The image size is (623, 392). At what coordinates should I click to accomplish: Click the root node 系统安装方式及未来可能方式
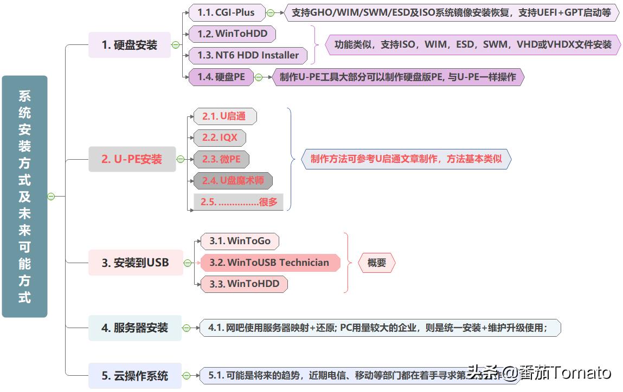click(24, 196)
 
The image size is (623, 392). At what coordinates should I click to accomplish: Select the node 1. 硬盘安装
click(129, 45)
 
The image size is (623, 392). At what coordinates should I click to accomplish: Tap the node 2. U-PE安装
click(132, 159)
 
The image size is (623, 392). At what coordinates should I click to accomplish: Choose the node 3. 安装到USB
click(136, 263)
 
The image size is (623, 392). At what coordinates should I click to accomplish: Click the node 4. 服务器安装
click(135, 328)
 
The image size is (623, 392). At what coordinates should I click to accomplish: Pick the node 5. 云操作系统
click(135, 375)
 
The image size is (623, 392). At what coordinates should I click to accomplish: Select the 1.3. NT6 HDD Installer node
click(248, 55)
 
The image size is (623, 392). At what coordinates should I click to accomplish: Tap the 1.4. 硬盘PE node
click(221, 77)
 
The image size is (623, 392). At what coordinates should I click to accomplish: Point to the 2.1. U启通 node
click(224, 116)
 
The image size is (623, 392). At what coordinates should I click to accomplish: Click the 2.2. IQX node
click(220, 138)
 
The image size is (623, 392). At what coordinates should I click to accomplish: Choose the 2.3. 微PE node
click(221, 159)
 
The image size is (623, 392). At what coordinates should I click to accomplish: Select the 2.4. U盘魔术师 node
click(233, 180)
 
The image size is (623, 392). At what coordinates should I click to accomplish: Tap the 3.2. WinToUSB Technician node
click(270, 263)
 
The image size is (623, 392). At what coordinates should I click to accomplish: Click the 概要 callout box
click(377, 263)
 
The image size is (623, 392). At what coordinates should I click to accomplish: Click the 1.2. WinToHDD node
click(232, 34)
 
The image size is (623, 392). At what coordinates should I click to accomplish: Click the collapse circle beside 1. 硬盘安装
click(175, 45)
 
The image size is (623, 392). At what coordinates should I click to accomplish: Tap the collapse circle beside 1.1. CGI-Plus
click(270, 12)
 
